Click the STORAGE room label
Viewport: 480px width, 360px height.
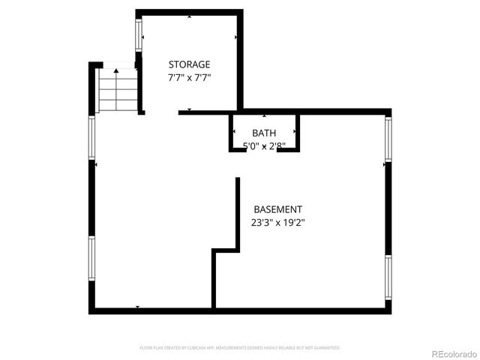coord(189,64)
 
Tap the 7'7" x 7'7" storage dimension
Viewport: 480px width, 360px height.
coord(189,77)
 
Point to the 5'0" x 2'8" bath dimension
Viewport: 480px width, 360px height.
coord(264,145)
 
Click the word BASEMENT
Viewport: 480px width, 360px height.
coord(277,209)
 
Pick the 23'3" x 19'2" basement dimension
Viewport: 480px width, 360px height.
coord(277,222)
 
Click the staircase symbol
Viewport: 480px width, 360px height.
coord(118,90)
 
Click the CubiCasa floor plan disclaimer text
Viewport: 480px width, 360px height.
coord(240,348)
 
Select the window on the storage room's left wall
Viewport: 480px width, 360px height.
coord(139,34)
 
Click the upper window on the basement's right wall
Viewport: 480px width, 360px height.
coord(388,139)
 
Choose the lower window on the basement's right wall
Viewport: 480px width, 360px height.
coord(388,277)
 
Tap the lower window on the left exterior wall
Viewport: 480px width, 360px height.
coord(92,259)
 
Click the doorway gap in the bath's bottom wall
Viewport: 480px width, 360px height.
coord(262,150)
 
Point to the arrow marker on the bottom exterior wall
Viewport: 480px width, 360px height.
coord(137,307)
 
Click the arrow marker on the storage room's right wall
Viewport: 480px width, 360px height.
coord(237,37)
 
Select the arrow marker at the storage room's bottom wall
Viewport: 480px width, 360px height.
coord(189,110)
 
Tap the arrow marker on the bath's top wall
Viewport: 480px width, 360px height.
coord(264,116)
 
